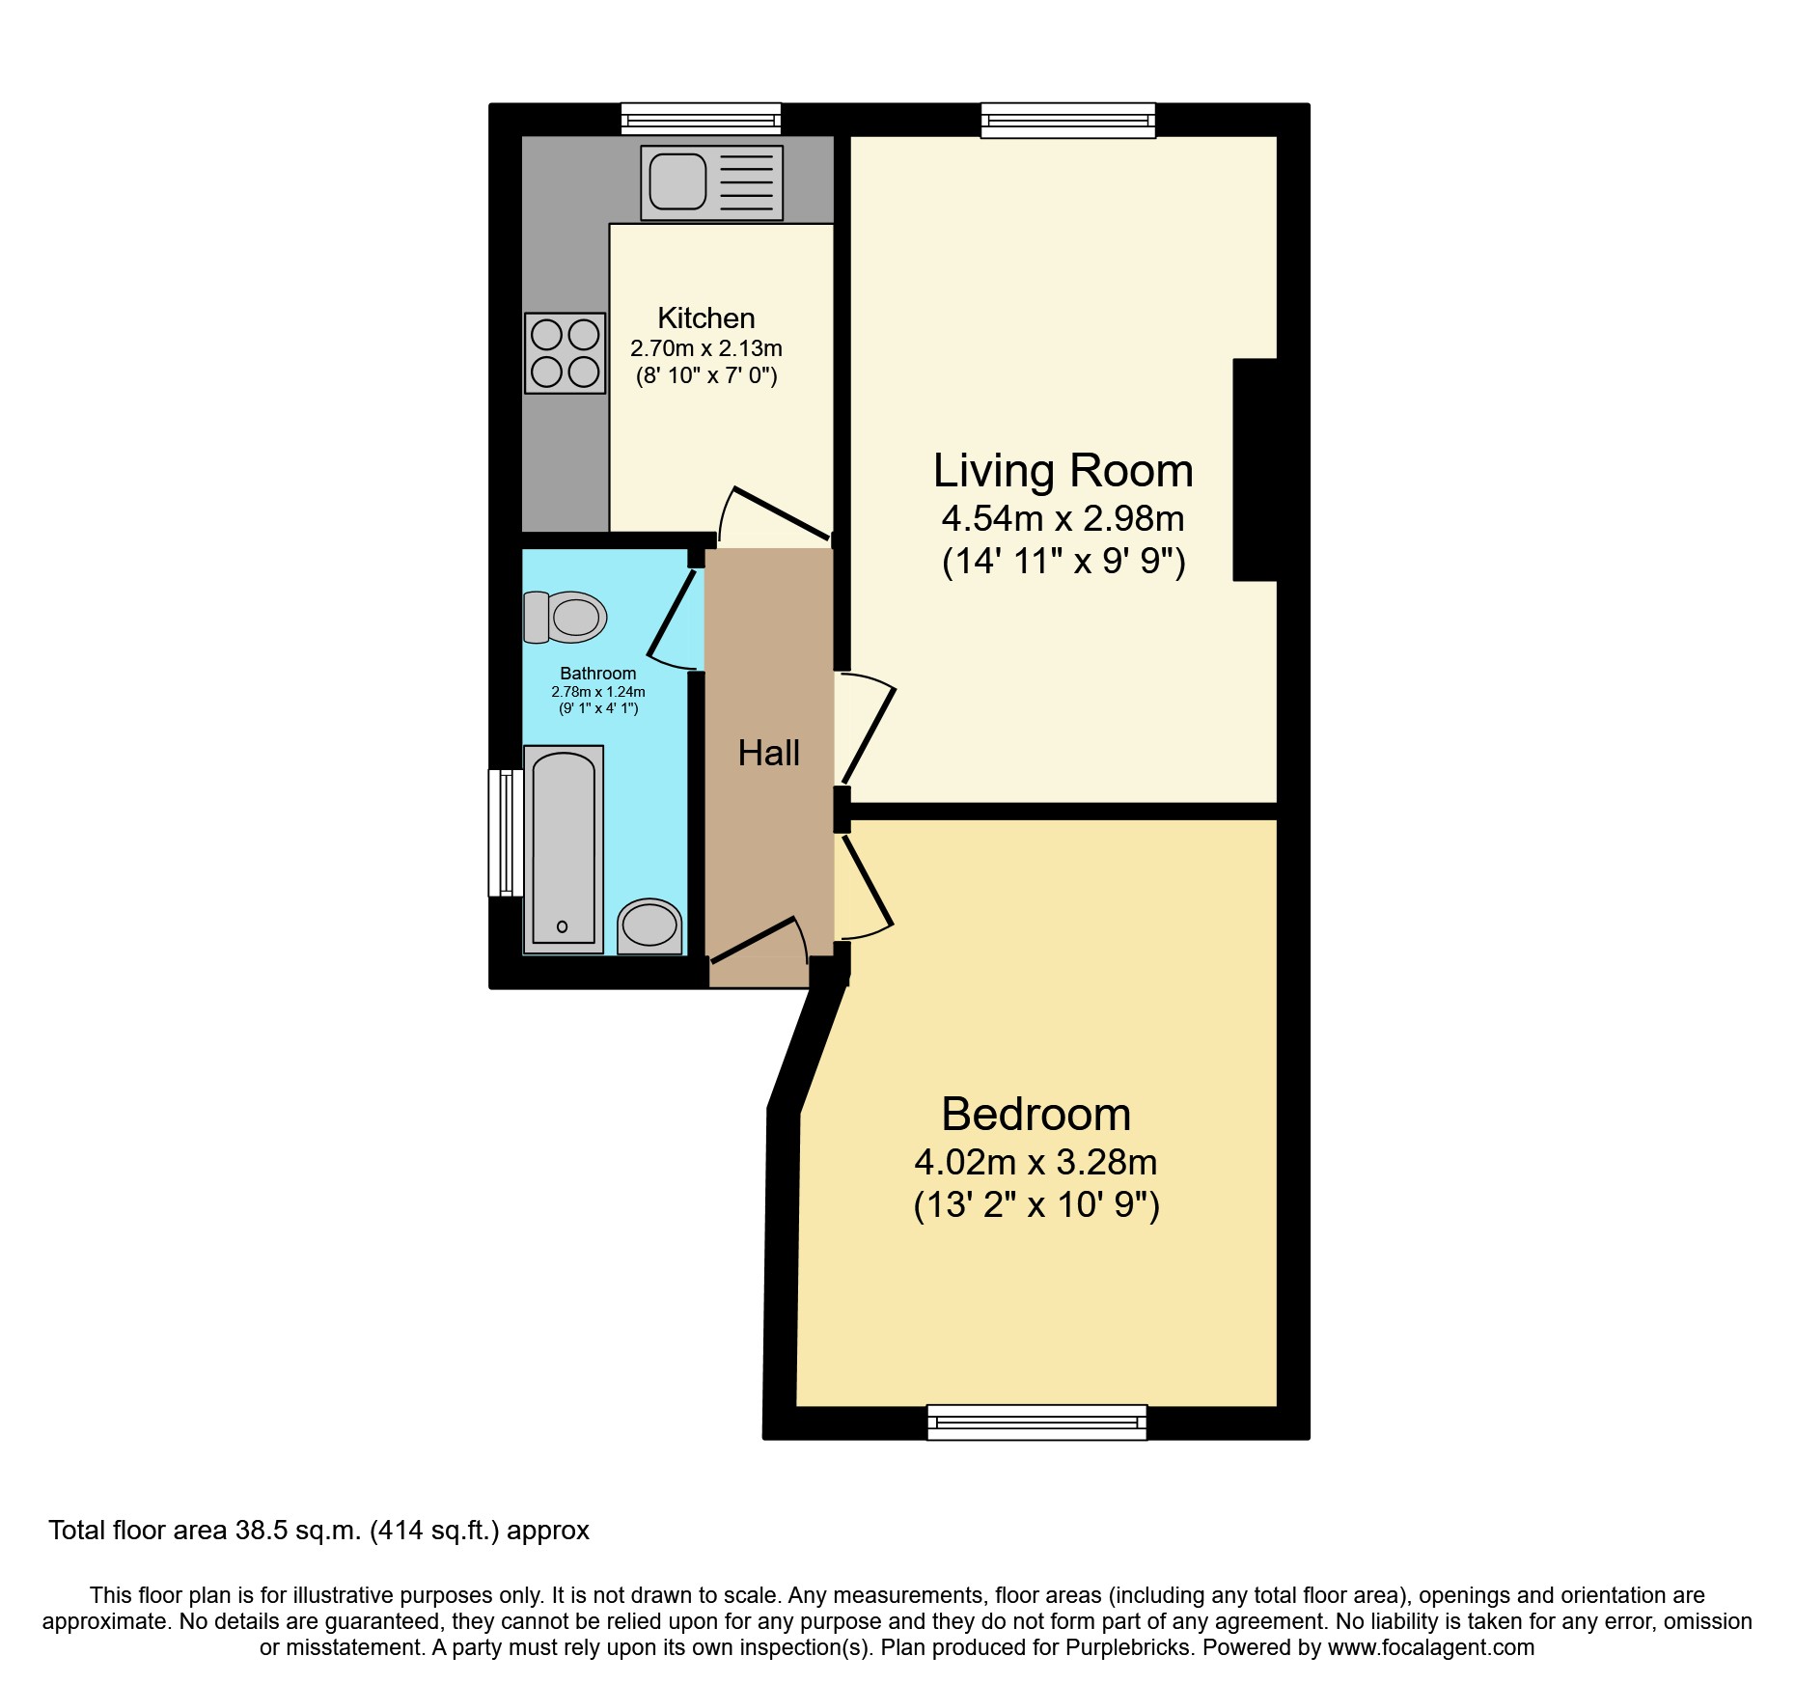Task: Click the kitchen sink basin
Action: [x=677, y=181]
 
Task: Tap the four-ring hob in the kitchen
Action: [x=565, y=353]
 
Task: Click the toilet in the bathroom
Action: [x=566, y=618]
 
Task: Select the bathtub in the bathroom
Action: [x=564, y=849]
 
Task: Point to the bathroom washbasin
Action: [x=649, y=925]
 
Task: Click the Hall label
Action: [x=768, y=753]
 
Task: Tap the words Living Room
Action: [x=1063, y=471]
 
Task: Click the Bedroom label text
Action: [x=1036, y=1115]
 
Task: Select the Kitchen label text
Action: [x=705, y=317]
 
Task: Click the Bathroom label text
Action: [x=597, y=673]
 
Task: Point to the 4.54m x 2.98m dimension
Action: [x=1063, y=519]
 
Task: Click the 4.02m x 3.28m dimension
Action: [x=1036, y=1162]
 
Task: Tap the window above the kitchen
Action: [x=701, y=119]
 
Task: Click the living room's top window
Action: [x=1068, y=121]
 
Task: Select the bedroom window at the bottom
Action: [x=1036, y=1422]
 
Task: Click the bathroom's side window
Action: [x=505, y=832]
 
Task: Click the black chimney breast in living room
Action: [x=1256, y=470]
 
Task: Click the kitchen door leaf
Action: [x=782, y=513]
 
